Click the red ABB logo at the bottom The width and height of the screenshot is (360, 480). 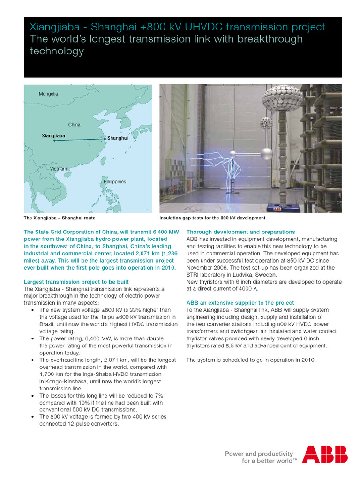click(x=324, y=454)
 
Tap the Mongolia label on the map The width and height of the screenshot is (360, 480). click(x=48, y=94)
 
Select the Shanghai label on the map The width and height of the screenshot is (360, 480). click(x=117, y=138)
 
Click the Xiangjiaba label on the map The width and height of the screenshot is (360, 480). click(x=53, y=135)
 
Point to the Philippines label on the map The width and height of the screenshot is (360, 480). click(x=114, y=181)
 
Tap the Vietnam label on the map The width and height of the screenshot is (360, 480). click(x=59, y=168)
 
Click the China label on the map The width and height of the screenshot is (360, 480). click(x=74, y=125)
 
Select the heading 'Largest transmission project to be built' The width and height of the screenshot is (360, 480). click(x=76, y=282)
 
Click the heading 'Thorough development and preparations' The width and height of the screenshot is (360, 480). click(x=240, y=232)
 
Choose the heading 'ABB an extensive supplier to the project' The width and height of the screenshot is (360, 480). click(x=240, y=303)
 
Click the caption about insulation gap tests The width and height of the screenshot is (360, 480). click(x=212, y=218)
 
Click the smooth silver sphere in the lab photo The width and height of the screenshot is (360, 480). click(x=266, y=154)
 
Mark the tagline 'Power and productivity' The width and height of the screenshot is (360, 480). click(x=259, y=453)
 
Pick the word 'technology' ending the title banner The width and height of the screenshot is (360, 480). click(x=57, y=52)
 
